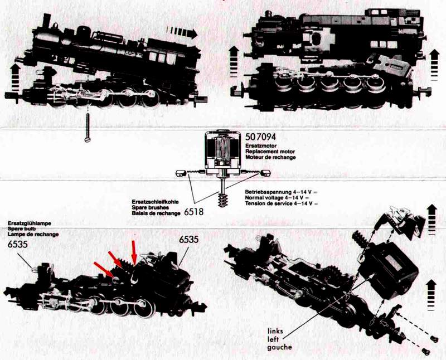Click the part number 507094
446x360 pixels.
[260, 137]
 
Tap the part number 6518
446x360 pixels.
[193, 212]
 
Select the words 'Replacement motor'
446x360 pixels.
[270, 152]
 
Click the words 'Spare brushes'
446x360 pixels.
[151, 207]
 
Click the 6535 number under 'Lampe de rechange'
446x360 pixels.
[18, 244]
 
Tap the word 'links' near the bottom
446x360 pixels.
[275, 331]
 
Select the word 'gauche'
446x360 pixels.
[280, 347]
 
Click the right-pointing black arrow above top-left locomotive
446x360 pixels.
[182, 32]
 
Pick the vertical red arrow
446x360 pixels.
[133, 252]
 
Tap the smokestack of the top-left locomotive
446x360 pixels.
[46, 21]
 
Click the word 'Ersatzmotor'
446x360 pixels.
[261, 146]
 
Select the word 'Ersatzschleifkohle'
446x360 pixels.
[156, 202]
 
